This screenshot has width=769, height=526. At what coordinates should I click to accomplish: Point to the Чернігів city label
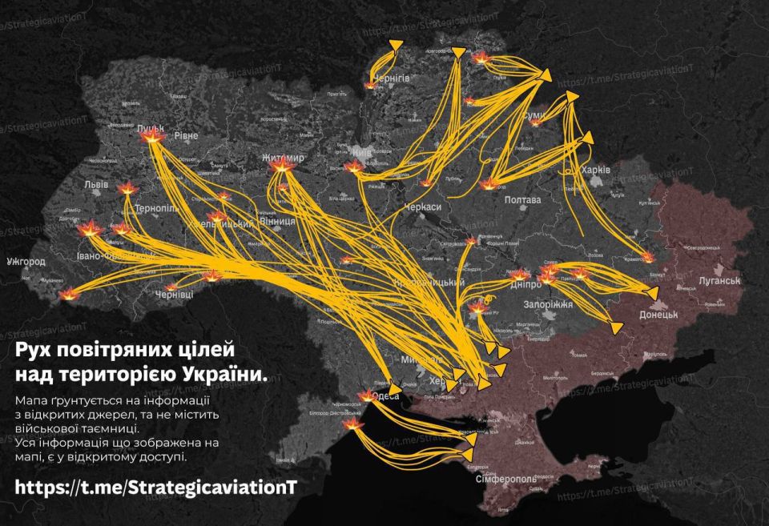pos(391,78)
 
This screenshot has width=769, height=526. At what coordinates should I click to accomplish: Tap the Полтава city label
pos(521,199)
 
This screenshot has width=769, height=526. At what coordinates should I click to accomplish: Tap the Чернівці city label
pos(174,295)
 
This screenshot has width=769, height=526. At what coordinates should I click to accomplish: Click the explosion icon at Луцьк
pos(151,138)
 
